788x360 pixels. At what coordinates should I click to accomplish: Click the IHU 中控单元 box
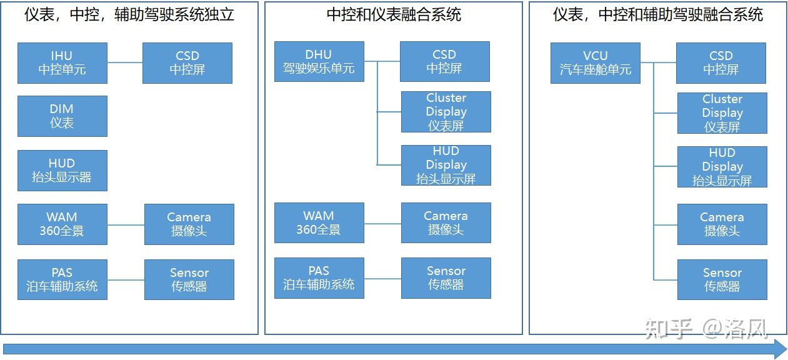click(x=62, y=62)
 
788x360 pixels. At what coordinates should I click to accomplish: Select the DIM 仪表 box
click(x=62, y=116)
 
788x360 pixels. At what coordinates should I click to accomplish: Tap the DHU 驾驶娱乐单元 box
click(x=319, y=61)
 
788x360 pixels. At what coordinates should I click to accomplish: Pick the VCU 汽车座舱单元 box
click(x=595, y=62)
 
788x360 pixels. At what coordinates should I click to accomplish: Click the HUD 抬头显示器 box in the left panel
click(x=62, y=170)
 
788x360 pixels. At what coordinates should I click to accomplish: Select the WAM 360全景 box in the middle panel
click(x=319, y=222)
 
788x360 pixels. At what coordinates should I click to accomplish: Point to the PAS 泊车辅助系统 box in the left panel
click(x=62, y=279)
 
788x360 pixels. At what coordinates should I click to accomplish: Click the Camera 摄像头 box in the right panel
click(x=722, y=224)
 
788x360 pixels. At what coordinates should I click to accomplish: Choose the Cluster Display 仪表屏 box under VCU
click(x=722, y=113)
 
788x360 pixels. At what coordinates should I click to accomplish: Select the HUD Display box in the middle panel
click(x=446, y=165)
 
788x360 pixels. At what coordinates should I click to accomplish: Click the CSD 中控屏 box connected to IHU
click(x=187, y=62)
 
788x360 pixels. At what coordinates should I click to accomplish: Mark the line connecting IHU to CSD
click(x=125, y=62)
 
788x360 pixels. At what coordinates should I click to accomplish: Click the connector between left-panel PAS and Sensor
click(x=126, y=279)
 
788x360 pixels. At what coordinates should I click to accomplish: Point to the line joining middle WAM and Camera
click(x=382, y=223)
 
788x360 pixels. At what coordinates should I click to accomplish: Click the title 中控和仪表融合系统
click(x=394, y=15)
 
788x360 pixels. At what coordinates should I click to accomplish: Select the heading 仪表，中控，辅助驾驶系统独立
click(x=129, y=15)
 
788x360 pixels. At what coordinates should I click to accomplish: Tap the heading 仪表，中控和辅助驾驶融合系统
click(x=657, y=15)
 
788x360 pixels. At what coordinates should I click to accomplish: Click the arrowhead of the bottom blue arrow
click(x=779, y=349)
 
